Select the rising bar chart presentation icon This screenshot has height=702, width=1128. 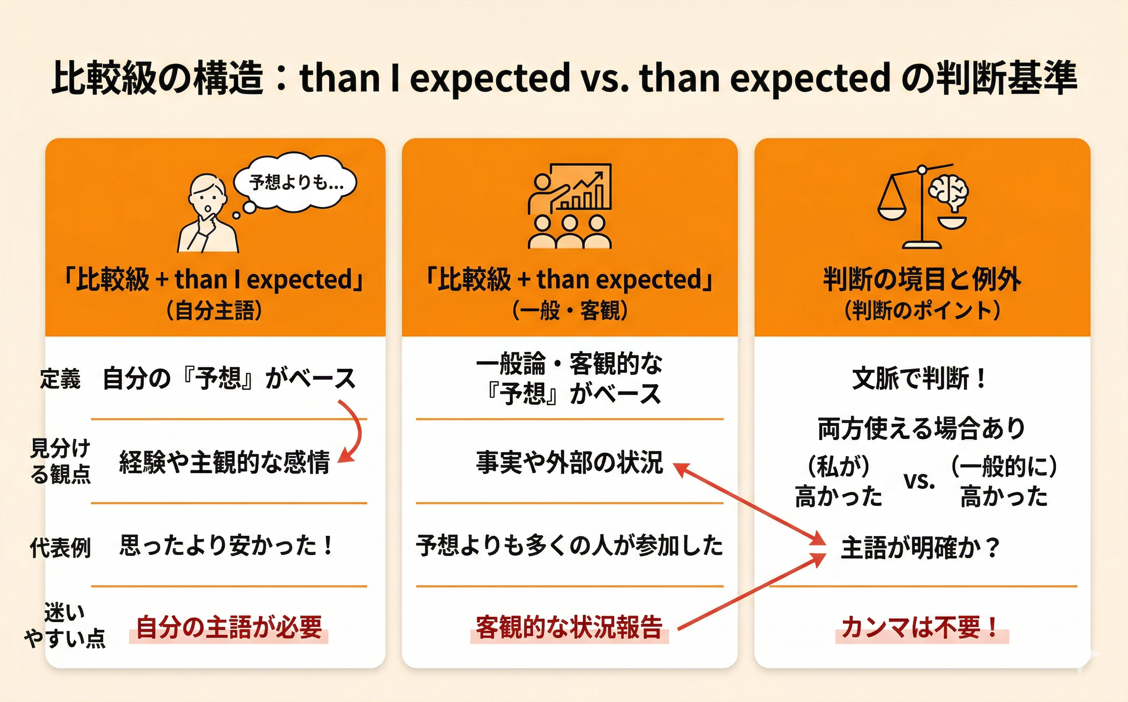point(570,206)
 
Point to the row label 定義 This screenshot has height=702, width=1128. point(60,379)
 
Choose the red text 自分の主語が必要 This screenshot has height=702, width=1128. point(229,627)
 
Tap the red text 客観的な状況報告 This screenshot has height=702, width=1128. point(569,627)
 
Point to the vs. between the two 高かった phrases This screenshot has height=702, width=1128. point(919,481)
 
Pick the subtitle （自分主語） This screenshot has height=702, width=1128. point(215,311)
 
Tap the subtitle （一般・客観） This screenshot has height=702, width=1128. point(570,311)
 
